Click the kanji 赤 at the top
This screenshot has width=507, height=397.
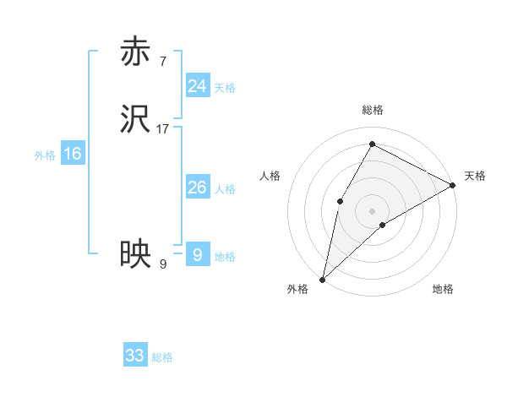pos(135,52)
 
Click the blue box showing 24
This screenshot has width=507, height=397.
pos(197,86)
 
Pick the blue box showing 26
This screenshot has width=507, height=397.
pos(197,188)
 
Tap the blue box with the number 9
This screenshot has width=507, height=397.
pos(197,255)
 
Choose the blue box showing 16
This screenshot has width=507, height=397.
pos(72,154)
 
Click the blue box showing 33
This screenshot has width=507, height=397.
pos(135,356)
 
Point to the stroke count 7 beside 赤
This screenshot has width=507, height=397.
pos(162,61)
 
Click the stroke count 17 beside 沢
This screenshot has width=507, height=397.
pos(163,129)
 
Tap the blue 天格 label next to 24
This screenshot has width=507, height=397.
pos(225,88)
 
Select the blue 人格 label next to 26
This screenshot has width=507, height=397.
pos(225,189)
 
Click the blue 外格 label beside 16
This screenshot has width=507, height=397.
pos(45,155)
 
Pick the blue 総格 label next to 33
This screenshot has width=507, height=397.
pos(163,357)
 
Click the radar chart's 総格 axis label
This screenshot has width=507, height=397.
pos(372,110)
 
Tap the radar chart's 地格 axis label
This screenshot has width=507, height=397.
pos(443,290)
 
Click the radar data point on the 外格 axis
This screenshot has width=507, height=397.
pos(322,279)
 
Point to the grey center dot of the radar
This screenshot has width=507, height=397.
pos(372,210)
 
